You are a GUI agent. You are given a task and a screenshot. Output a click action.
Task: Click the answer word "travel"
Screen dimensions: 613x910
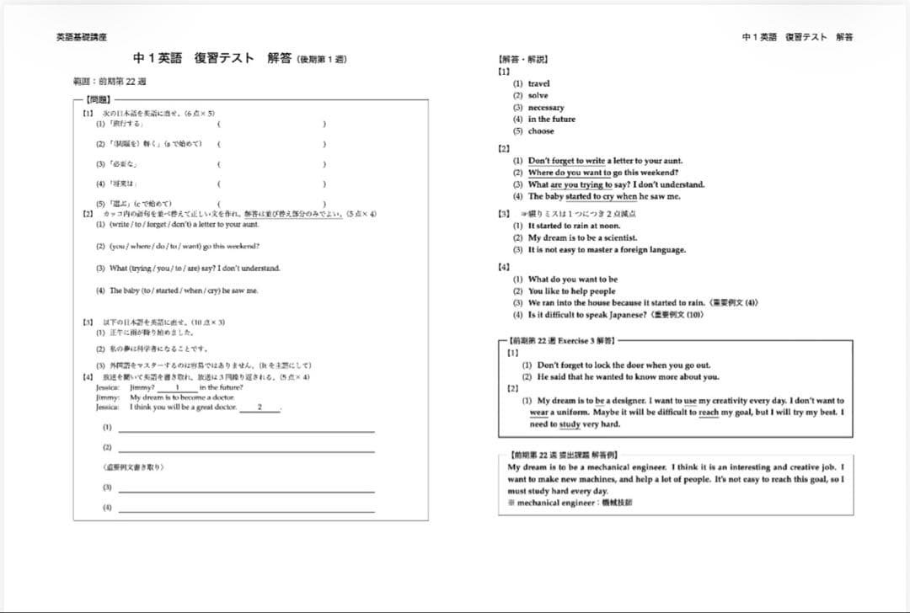point(538,83)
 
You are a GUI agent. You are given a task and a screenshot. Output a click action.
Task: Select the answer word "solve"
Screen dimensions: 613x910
point(538,95)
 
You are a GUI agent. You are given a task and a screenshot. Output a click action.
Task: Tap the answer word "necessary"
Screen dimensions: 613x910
point(546,108)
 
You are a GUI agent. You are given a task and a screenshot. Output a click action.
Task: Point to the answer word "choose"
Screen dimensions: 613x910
point(541,131)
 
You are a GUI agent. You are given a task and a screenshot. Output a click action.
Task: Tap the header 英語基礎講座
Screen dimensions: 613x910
point(81,37)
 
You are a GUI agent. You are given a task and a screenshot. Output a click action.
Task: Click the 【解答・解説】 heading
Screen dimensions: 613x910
point(523,60)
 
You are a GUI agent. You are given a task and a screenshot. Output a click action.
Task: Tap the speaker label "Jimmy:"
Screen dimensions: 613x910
point(107,397)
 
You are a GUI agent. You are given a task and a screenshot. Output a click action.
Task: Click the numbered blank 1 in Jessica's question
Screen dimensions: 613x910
point(178,387)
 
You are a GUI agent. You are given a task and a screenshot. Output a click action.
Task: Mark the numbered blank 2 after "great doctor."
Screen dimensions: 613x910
point(260,408)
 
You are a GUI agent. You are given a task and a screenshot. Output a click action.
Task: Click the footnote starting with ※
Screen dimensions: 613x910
point(570,503)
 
